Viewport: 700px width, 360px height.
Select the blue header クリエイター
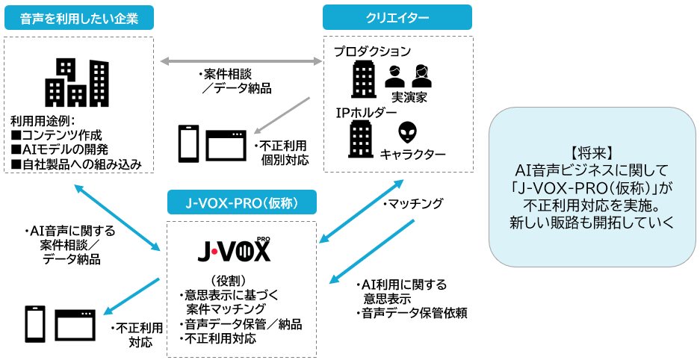[x=397, y=18]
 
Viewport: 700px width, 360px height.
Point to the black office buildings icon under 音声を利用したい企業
[x=76, y=83]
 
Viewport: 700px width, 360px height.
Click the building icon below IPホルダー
[x=362, y=138]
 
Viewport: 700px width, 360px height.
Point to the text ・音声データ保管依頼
[x=411, y=312]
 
